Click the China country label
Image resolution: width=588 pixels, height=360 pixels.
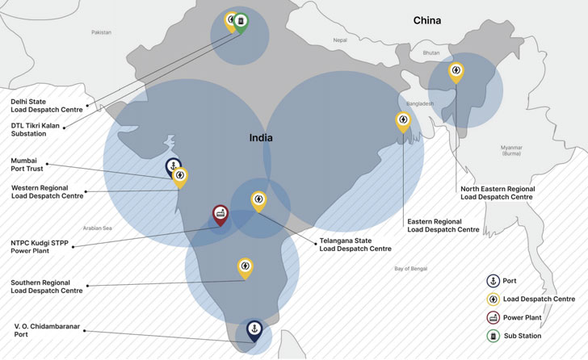coord(427,20)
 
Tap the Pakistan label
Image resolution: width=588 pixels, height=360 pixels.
coord(101,32)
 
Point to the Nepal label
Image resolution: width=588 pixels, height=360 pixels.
coord(339,40)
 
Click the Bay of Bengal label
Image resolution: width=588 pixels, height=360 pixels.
coord(409,268)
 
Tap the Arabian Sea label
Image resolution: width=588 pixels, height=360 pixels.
coord(96,228)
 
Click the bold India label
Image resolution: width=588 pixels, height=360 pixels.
coord(261,138)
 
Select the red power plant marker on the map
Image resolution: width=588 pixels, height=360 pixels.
coord(220,214)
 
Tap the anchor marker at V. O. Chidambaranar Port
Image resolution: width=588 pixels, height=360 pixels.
coord(254,329)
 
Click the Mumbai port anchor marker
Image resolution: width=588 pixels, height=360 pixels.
coord(172,166)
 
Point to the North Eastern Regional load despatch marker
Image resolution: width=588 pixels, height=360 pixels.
coord(456,71)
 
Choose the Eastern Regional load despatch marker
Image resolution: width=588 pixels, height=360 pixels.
coord(402,121)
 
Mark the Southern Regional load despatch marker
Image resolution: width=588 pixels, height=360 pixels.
coord(245,266)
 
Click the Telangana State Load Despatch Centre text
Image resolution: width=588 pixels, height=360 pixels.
coord(355,245)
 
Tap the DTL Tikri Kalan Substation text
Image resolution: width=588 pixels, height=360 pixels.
coord(40,129)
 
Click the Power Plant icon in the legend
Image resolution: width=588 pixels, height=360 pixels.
coord(491,317)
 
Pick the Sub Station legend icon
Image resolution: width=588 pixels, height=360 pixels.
coord(491,335)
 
